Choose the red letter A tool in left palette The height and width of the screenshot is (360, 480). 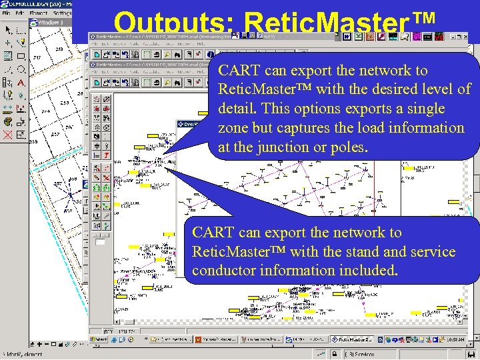[21, 83]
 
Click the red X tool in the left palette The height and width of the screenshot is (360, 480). [8, 135]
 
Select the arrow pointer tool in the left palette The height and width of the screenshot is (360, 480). [8, 30]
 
